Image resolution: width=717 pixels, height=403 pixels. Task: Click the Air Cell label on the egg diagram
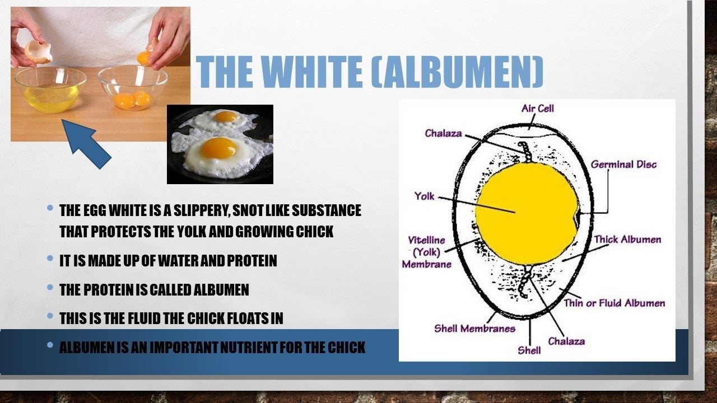tap(537, 109)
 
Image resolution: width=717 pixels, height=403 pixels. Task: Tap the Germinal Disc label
tap(623, 165)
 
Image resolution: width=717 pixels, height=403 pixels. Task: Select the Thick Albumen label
tap(628, 240)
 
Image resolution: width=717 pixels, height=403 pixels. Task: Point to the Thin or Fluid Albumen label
tap(614, 303)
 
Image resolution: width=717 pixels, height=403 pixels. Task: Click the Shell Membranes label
tap(474, 329)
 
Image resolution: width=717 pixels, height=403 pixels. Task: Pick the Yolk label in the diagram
tap(425, 196)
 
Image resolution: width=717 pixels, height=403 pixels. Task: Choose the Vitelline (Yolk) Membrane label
tap(427, 252)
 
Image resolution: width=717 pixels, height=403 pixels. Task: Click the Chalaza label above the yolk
tap(443, 133)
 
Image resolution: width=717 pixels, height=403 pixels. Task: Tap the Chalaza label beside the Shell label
tap(566, 341)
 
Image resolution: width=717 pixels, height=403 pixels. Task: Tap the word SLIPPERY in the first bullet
tap(202, 211)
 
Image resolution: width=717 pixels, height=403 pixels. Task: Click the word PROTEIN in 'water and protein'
tap(252, 261)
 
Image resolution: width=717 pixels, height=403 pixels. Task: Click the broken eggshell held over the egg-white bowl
tap(39, 51)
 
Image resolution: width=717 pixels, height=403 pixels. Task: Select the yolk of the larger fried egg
tap(219, 148)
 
